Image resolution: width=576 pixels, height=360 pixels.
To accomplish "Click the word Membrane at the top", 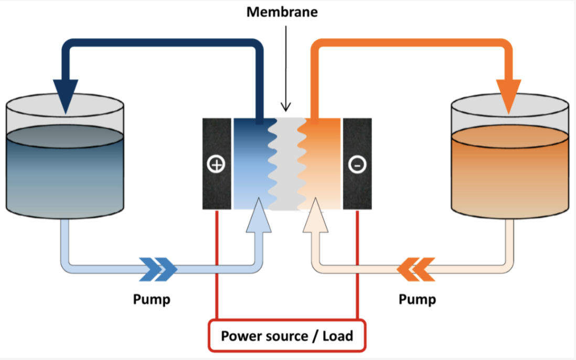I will click(x=282, y=12).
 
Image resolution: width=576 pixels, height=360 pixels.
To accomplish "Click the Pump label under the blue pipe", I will click(x=151, y=300).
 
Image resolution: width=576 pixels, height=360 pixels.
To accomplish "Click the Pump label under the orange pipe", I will click(x=417, y=300).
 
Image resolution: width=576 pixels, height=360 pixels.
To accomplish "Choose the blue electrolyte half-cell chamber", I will click(x=250, y=163).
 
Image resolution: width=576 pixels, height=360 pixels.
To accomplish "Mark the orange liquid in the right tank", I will click(x=508, y=173).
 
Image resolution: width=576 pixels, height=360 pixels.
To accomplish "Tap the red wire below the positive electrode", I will click(x=217, y=262).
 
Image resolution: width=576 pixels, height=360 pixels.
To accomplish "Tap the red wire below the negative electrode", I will click(x=357, y=262).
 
